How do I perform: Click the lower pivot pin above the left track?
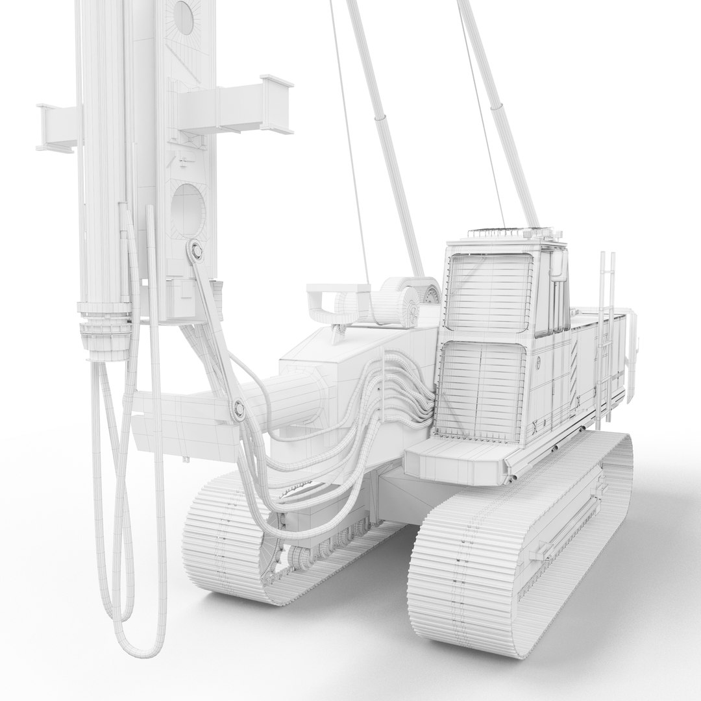tap(238, 408)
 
